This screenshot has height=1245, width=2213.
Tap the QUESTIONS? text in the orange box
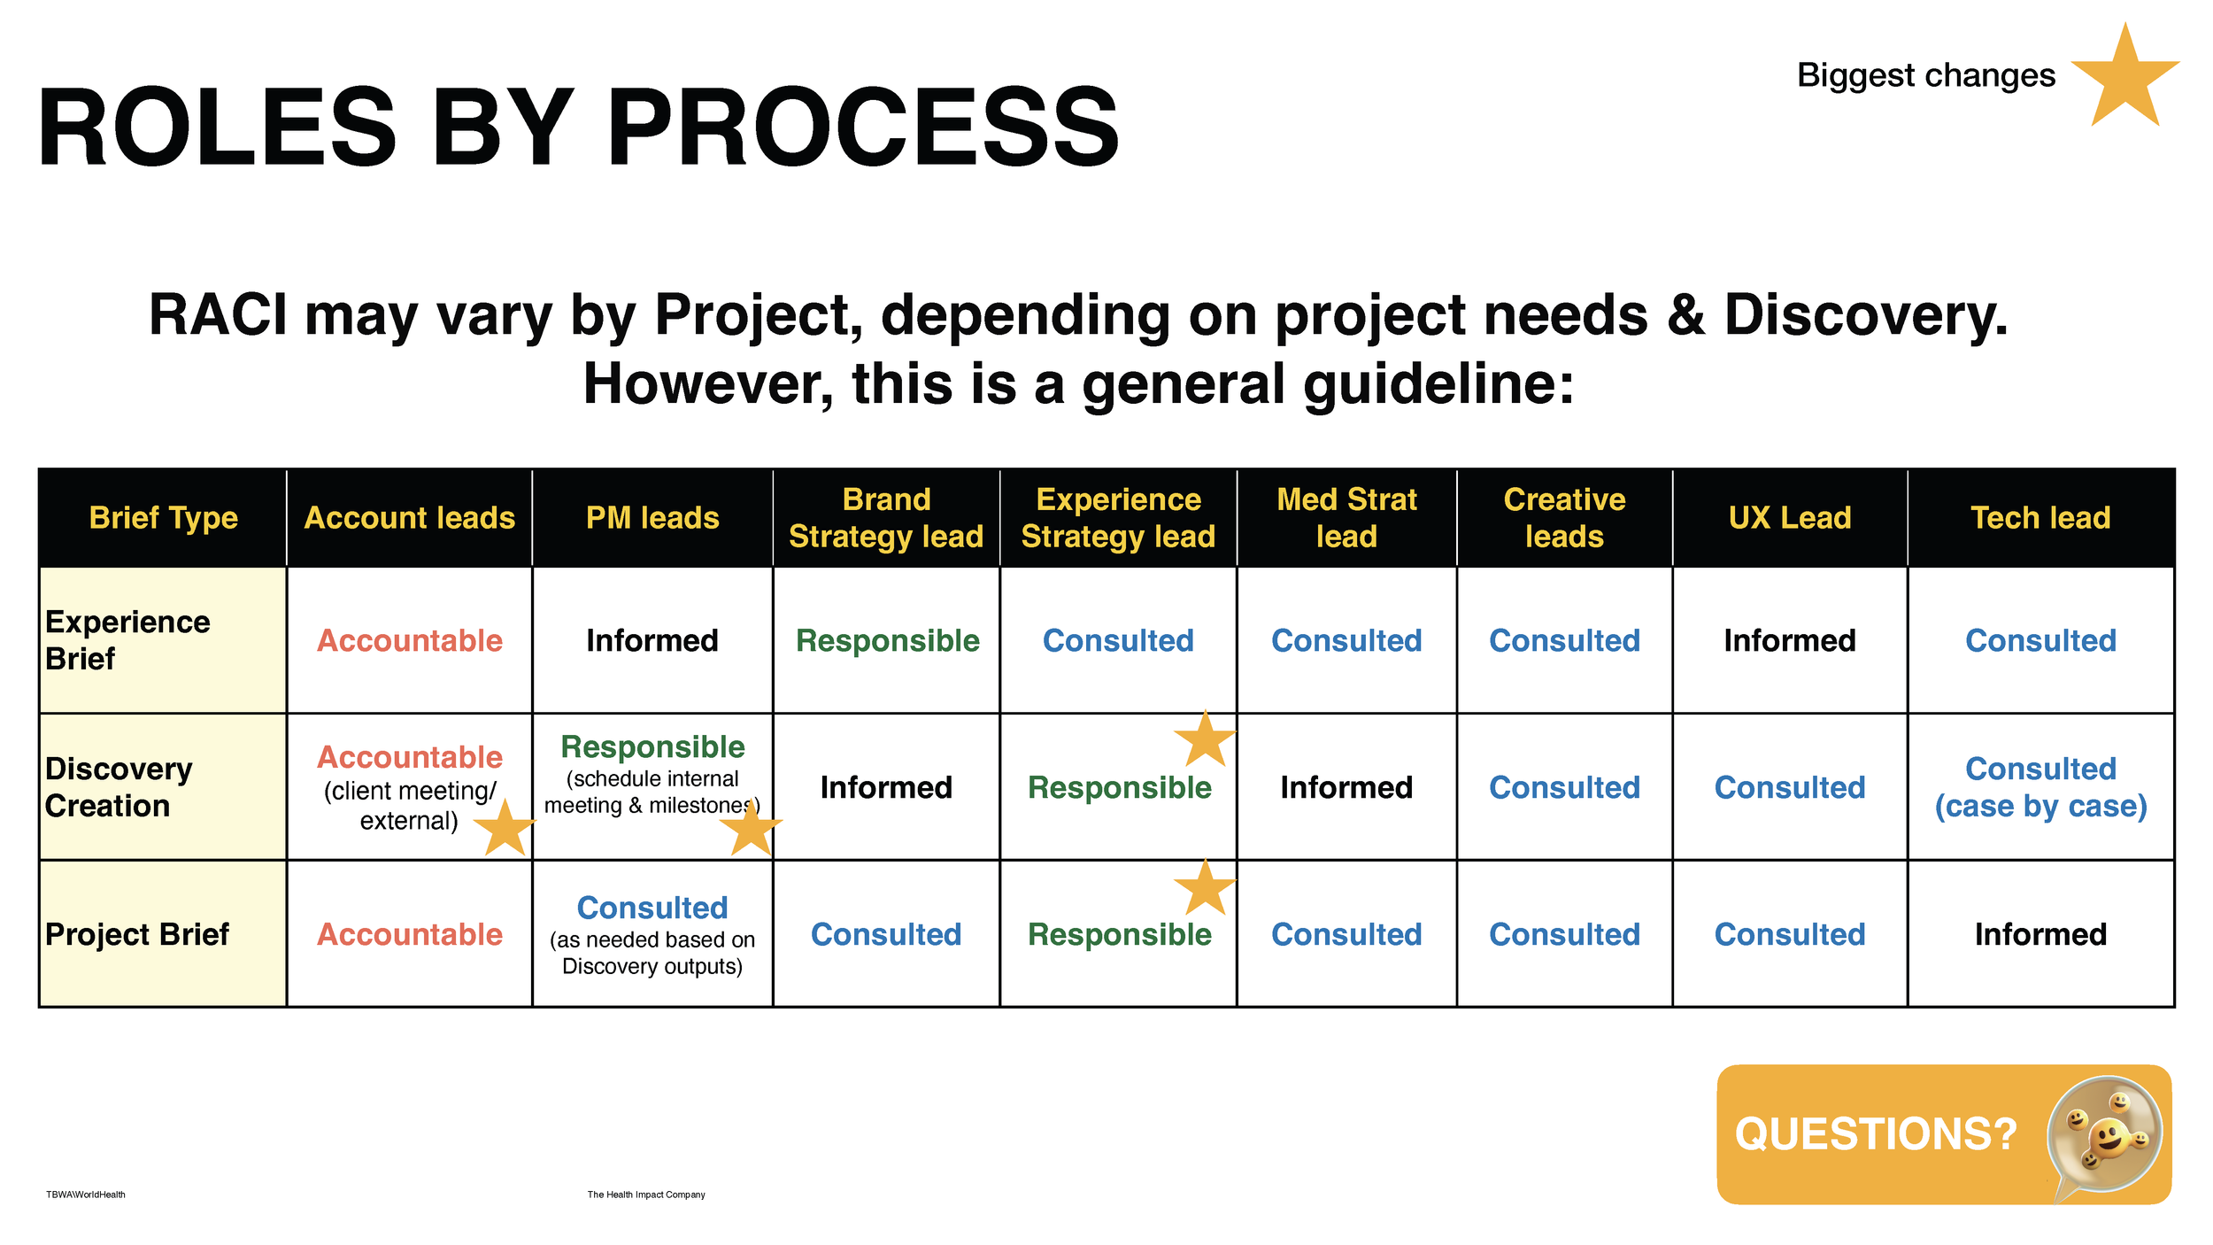click(1875, 1134)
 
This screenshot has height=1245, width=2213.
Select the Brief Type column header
click(163, 518)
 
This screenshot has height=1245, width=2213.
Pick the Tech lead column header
click(2040, 518)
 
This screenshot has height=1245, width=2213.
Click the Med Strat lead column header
click(1346, 518)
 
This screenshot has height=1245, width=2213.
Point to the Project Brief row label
click(137, 934)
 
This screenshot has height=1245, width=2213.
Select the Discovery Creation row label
click(119, 787)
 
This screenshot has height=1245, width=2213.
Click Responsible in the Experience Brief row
click(887, 640)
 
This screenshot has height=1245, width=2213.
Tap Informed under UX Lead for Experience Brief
click(1789, 640)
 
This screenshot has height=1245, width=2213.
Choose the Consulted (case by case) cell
click(2040, 787)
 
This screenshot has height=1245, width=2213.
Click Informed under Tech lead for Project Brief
click(2040, 934)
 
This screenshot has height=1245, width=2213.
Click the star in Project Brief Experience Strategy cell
click(1205, 889)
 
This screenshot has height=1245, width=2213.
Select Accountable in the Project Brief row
click(409, 934)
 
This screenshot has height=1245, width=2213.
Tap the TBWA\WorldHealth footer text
click(86, 1195)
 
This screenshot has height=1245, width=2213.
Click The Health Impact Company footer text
click(646, 1195)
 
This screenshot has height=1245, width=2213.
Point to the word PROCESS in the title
click(864, 128)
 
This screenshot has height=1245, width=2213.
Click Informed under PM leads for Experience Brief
click(652, 640)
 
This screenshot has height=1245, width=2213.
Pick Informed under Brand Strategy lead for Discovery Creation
click(886, 787)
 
